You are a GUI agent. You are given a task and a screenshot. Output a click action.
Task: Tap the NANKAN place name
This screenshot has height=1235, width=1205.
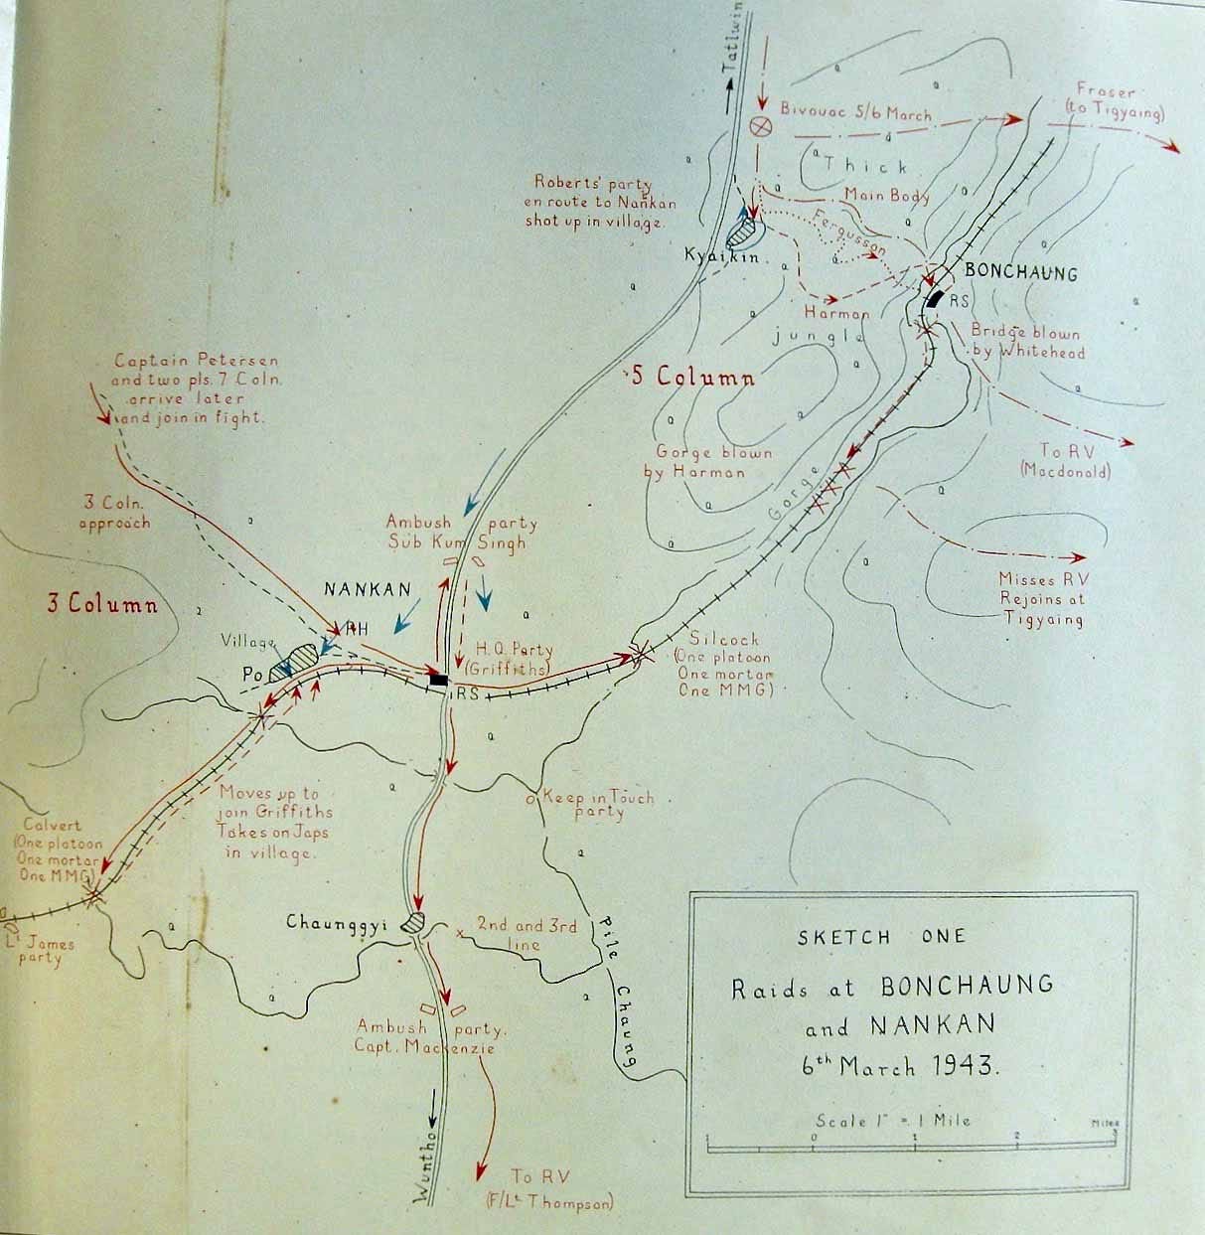point(368,589)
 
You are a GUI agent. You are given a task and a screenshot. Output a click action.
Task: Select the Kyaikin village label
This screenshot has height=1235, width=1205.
point(721,256)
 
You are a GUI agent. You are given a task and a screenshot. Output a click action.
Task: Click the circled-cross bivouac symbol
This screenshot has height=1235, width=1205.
point(761,125)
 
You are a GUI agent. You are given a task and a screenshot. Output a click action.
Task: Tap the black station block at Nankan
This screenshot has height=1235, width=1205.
point(438,681)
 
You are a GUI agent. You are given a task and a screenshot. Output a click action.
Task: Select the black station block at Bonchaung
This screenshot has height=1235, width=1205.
point(934,298)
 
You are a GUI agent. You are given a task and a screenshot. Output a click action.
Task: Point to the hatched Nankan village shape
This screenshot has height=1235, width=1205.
point(298,660)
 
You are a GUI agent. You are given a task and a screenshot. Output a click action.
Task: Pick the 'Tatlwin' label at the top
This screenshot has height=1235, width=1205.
point(732,45)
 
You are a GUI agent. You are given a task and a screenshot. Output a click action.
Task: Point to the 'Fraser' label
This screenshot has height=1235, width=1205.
point(1105,92)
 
